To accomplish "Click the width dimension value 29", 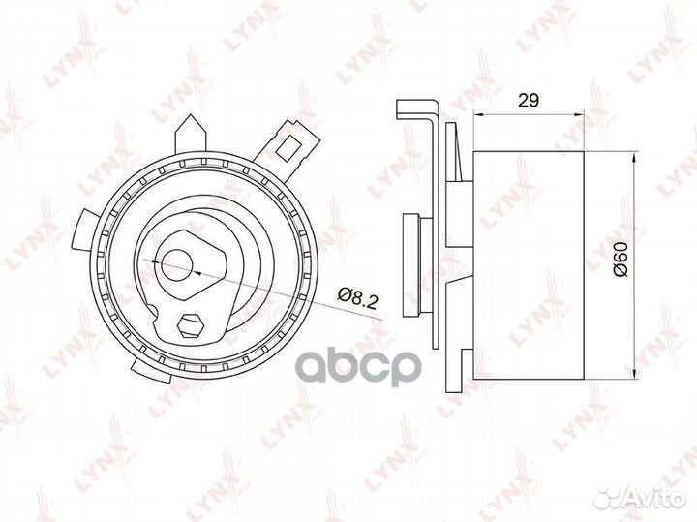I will coord(529,99).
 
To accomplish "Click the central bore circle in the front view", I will coord(176,261).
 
